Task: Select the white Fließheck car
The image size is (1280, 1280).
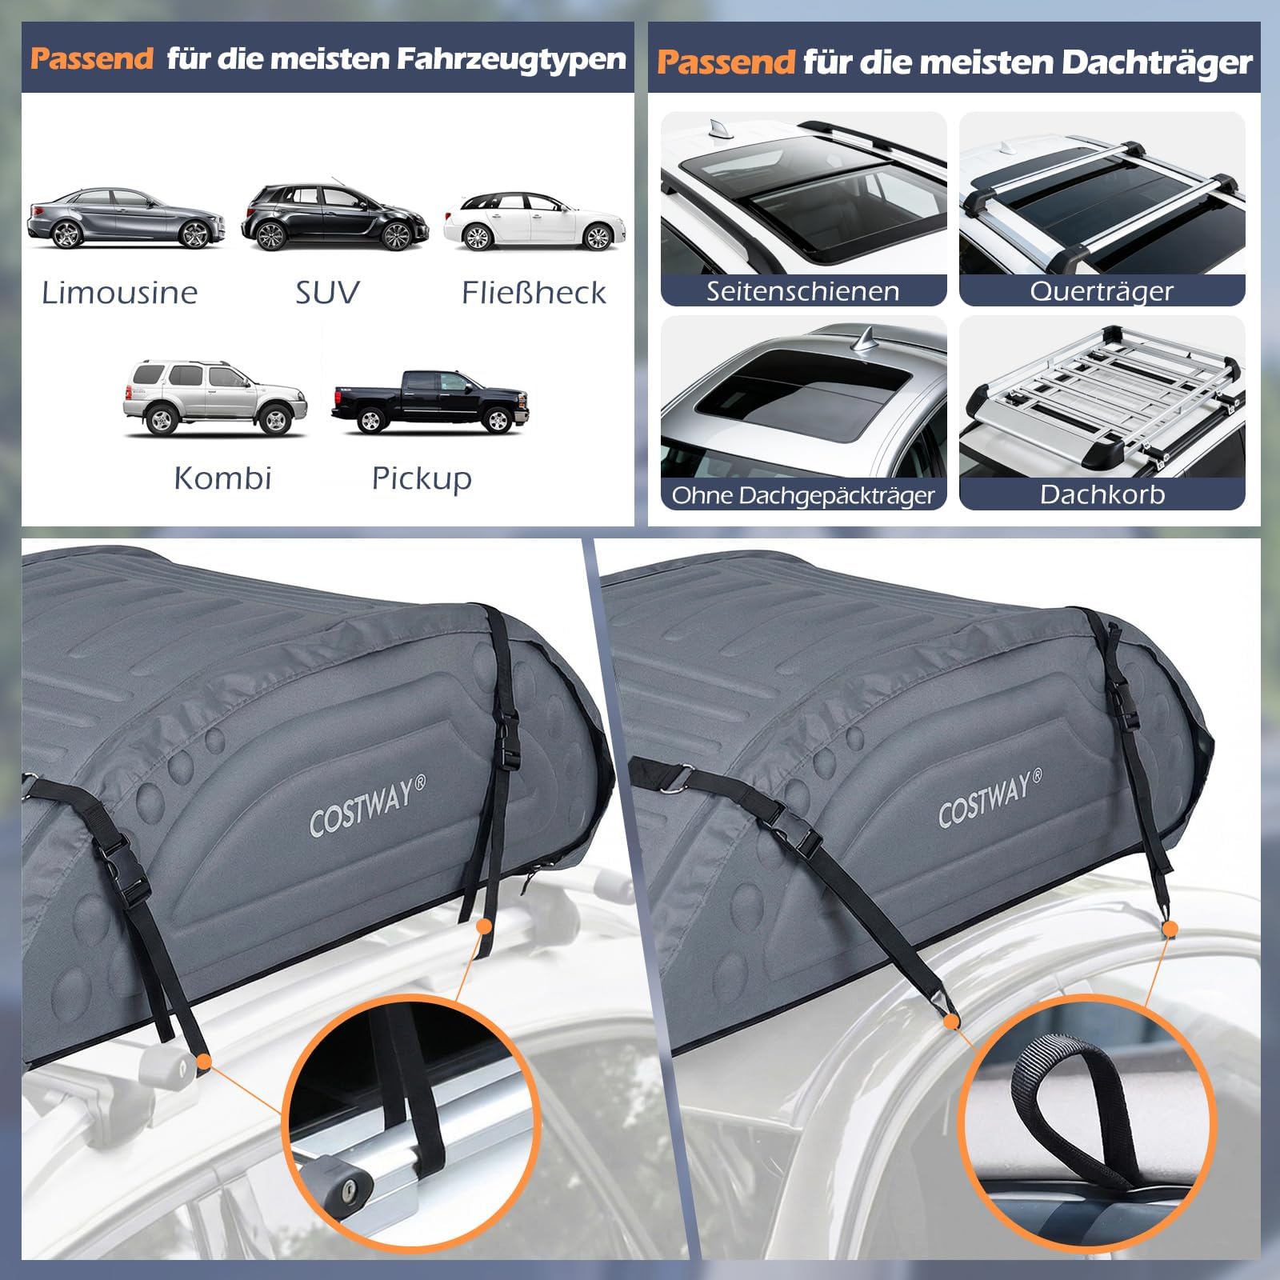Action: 534,221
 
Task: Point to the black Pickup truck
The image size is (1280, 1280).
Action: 430,401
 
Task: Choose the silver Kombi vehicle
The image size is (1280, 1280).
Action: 214,398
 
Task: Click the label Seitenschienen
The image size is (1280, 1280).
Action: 802,291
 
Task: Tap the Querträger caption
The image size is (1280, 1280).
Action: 1102,291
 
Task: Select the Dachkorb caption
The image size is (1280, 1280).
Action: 1102,494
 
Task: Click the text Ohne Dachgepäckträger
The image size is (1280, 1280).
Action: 803,496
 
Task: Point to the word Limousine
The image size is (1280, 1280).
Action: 120,293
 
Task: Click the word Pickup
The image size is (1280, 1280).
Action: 422,478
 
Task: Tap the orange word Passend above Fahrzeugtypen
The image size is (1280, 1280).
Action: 92,58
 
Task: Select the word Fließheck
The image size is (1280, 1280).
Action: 534,293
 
